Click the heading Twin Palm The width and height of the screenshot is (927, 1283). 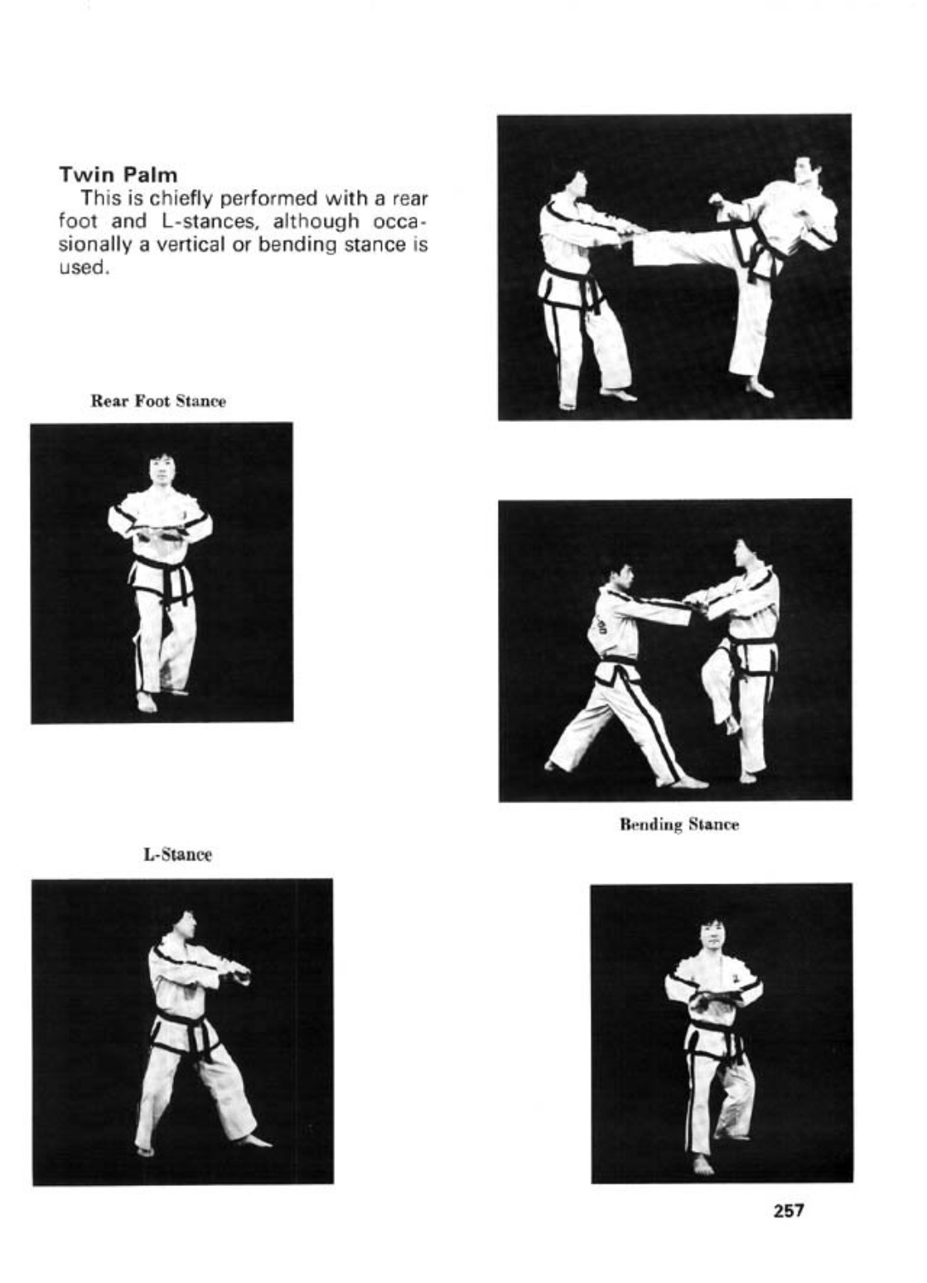click(118, 174)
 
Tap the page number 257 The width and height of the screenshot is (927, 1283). click(789, 1210)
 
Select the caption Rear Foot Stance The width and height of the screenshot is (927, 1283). click(158, 401)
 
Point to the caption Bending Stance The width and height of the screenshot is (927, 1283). click(679, 824)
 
